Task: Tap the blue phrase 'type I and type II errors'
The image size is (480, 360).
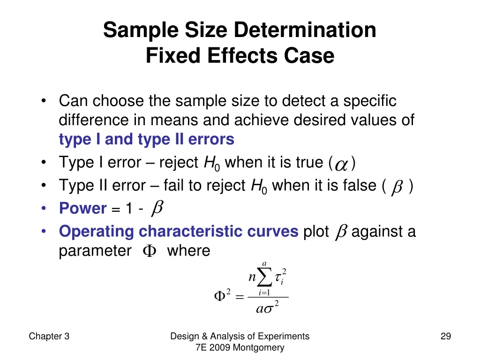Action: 146,139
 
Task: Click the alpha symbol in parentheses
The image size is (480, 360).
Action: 342,164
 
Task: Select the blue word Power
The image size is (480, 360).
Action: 83,209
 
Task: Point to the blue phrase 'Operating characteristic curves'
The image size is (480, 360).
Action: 179,232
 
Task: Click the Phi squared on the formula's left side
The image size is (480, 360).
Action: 222,296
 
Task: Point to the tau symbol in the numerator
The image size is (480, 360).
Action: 279,279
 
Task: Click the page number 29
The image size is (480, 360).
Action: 445,336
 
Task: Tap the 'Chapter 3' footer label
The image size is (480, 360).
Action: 49,336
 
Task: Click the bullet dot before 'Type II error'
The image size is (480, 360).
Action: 44,186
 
